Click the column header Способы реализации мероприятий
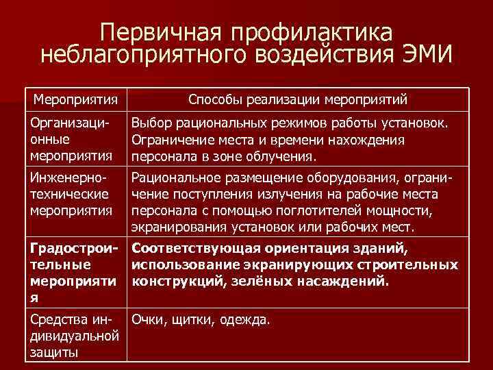298,101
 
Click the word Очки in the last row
149,319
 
